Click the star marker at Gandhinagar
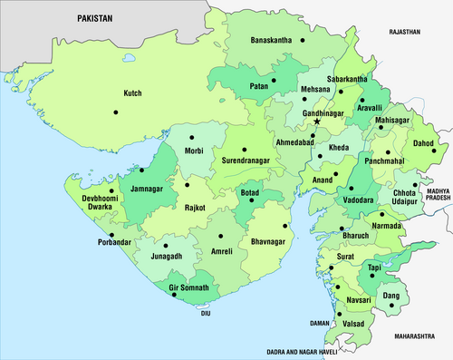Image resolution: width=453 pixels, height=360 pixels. [317, 121]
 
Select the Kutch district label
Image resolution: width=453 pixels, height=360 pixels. [133, 92]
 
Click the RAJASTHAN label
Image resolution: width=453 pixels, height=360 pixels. [405, 32]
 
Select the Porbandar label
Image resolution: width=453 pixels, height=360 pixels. [118, 241]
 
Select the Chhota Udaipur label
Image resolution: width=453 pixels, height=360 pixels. [405, 198]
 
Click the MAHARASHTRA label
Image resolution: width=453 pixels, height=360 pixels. [416, 336]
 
